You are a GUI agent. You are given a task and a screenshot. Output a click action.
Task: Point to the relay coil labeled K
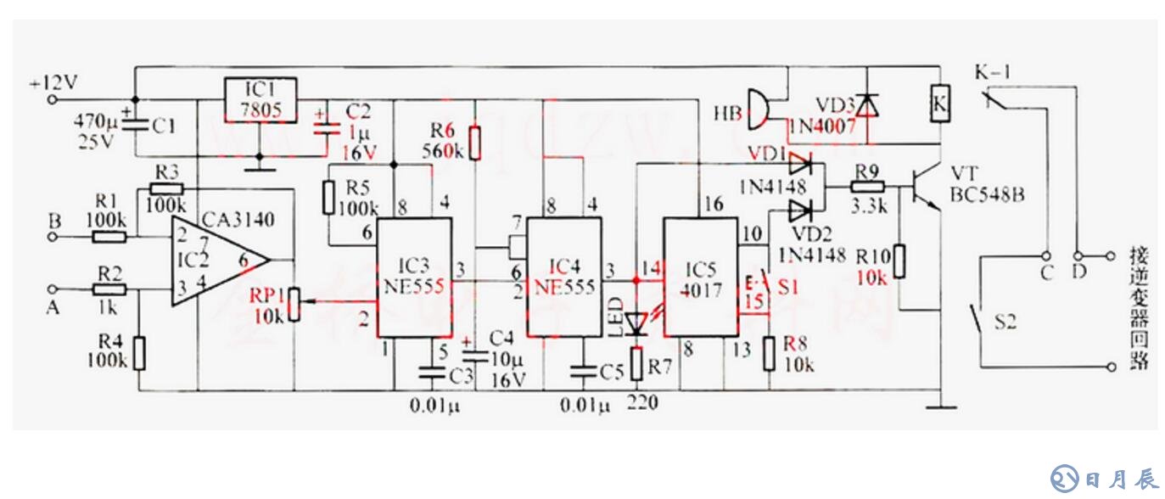tap(940, 103)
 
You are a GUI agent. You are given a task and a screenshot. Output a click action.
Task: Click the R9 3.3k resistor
tap(868, 186)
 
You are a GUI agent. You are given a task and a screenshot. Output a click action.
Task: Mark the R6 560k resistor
tap(475, 142)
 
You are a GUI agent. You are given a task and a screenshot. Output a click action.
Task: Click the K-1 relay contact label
tap(992, 73)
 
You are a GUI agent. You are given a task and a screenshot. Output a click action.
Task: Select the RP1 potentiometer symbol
tap(294, 303)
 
